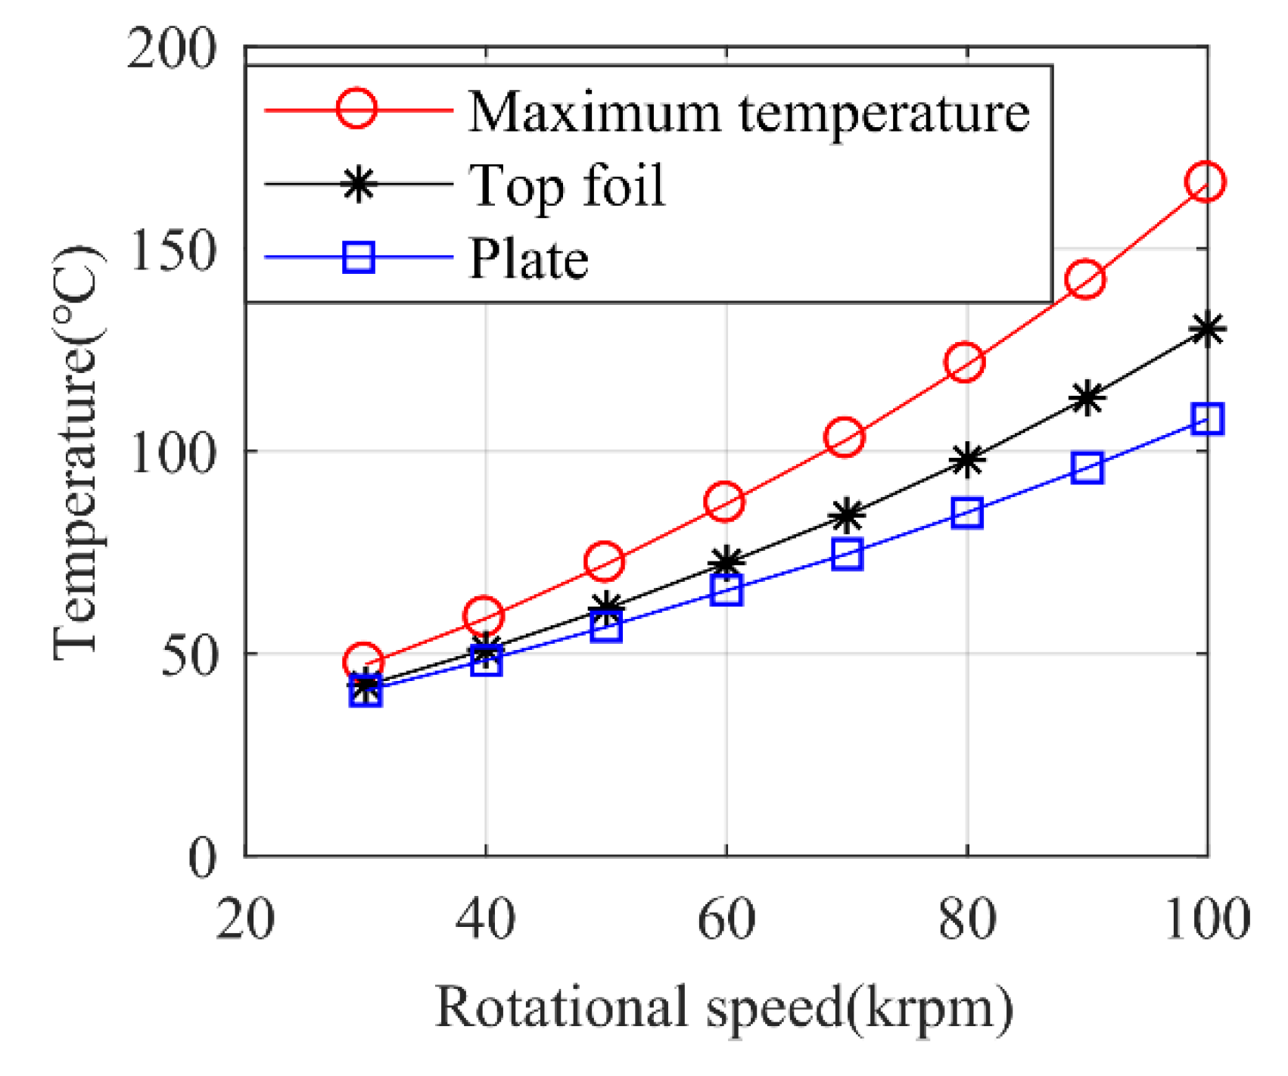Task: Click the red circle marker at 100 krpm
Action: tap(1206, 182)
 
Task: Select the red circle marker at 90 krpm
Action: tap(1085, 279)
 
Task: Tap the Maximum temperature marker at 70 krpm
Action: tap(845, 437)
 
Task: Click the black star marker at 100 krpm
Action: tap(1207, 329)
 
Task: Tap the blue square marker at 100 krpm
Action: tap(1207, 418)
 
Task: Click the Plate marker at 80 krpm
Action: tap(967, 513)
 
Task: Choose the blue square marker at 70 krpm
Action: tap(847, 555)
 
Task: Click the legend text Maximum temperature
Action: tap(748, 112)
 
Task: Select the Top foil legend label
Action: tap(567, 185)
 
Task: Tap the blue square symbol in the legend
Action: tap(359, 257)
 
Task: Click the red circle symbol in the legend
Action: tap(356, 110)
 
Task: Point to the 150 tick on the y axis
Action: tap(173, 250)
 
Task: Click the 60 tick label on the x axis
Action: tap(726, 919)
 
